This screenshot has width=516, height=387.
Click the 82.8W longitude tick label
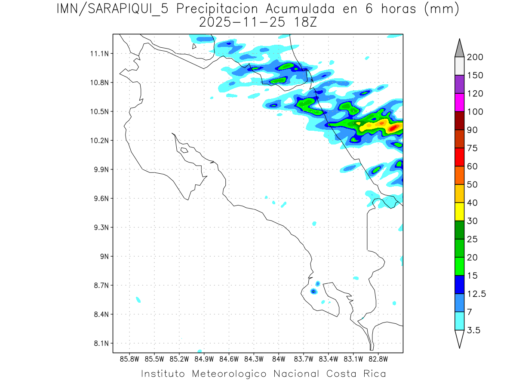click(378, 359)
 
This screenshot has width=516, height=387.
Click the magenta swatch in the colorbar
click(459, 102)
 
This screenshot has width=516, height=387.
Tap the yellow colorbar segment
click(459, 212)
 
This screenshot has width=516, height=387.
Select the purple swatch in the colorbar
click(459, 84)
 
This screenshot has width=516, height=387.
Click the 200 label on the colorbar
click(475, 57)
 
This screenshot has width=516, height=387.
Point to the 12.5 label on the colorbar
click(476, 294)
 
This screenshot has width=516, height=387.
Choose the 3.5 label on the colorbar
click(474, 330)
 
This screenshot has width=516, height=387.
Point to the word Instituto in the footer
click(163, 374)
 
